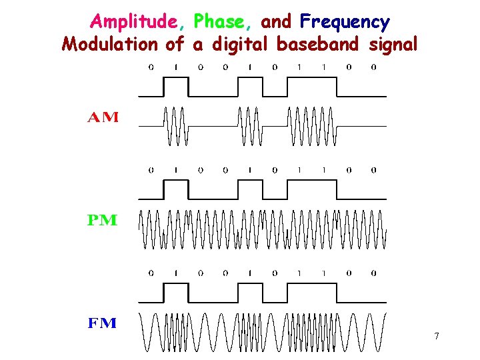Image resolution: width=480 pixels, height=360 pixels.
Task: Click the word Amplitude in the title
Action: click(x=135, y=23)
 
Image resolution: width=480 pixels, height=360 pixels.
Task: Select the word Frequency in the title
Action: click(x=345, y=23)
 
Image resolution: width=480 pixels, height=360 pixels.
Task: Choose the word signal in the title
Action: click(x=393, y=45)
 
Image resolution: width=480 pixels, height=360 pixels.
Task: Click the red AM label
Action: click(x=103, y=119)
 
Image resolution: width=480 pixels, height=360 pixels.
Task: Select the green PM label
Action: click(x=103, y=221)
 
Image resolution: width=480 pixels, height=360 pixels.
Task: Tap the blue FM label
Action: click(x=103, y=324)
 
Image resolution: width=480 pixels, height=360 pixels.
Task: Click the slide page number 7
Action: click(x=436, y=336)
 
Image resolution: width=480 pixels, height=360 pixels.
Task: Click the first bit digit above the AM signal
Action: click(x=151, y=67)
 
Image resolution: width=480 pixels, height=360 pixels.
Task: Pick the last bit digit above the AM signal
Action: click(x=373, y=67)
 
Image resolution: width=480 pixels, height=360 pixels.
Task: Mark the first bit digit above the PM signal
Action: click(x=151, y=170)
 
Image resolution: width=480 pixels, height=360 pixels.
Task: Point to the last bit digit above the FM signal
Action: click(x=373, y=273)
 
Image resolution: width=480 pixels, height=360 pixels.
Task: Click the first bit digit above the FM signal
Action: click(x=151, y=273)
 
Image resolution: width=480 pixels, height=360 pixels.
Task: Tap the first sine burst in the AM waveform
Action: click(x=176, y=125)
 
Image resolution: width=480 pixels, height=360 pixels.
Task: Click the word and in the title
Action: click(x=276, y=23)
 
